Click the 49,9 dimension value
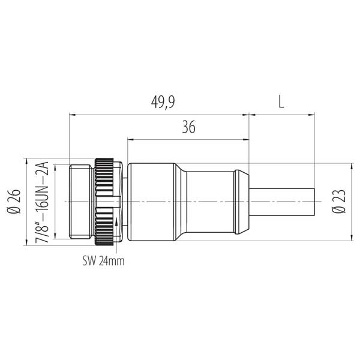pos(163,102)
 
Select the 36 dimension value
pos(189,127)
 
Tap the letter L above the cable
pos(281,102)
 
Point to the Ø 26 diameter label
pos(14,202)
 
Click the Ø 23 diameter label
pos(339,202)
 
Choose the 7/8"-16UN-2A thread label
pos(42,202)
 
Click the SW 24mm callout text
pos(104,261)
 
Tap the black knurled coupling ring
pos(104,202)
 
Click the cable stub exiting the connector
pos(282,202)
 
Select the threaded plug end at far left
pos(81,202)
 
